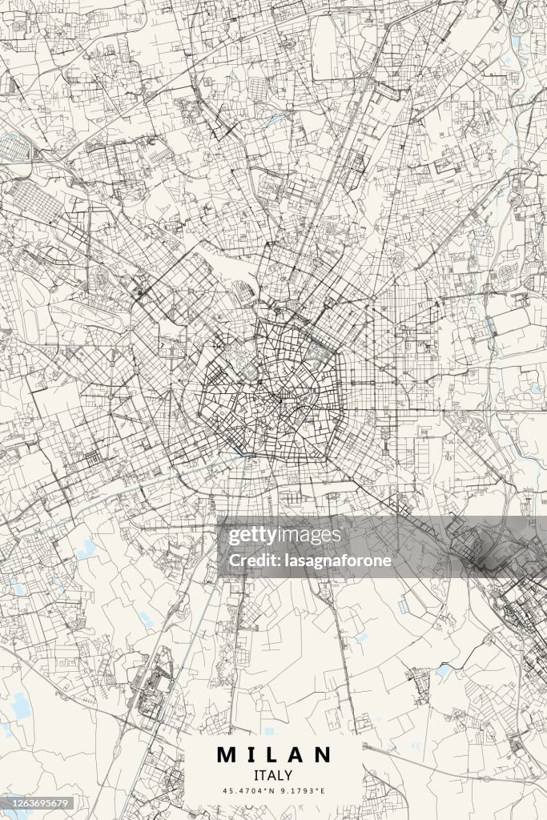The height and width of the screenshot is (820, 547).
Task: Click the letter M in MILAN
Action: click(x=227, y=754)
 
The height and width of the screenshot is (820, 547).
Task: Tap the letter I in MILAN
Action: click(x=251, y=754)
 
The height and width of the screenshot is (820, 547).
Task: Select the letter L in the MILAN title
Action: click(x=271, y=754)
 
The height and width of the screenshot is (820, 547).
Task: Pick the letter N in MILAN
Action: click(x=321, y=754)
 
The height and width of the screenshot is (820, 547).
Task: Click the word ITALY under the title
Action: click(x=273, y=775)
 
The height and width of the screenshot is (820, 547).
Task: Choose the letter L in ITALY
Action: click(x=280, y=775)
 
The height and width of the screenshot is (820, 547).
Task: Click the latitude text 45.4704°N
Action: click(x=248, y=791)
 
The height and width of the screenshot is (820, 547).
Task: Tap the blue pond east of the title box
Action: click(x=443, y=669)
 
